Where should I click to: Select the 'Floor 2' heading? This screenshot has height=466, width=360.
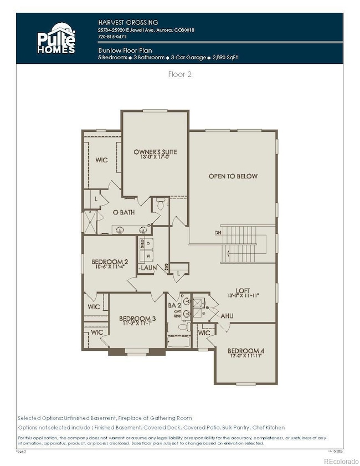179,74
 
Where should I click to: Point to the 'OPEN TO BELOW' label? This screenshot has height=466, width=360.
233,176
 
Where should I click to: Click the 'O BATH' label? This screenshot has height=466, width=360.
124,212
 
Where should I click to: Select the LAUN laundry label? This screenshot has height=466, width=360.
148,268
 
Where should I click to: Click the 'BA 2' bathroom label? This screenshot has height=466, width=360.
174,305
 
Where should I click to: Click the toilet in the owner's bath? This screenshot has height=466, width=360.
161,204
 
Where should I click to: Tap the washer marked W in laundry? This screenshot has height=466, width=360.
148,256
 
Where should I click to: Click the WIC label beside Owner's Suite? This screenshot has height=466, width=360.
101,160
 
